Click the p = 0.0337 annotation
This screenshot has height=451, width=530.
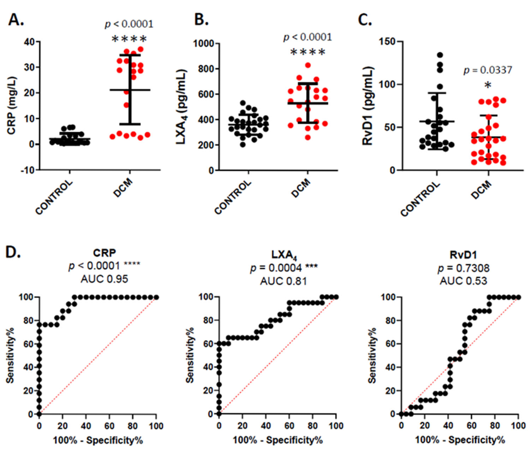pos(488,70)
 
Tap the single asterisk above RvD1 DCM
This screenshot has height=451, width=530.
pos(488,85)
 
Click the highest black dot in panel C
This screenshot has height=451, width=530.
pos(440,55)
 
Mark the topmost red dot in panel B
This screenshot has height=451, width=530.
pos(308,65)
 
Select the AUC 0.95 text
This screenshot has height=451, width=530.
pos(104,279)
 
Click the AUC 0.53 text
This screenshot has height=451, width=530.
pos(463,281)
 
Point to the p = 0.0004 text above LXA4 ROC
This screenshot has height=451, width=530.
pos(284,268)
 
